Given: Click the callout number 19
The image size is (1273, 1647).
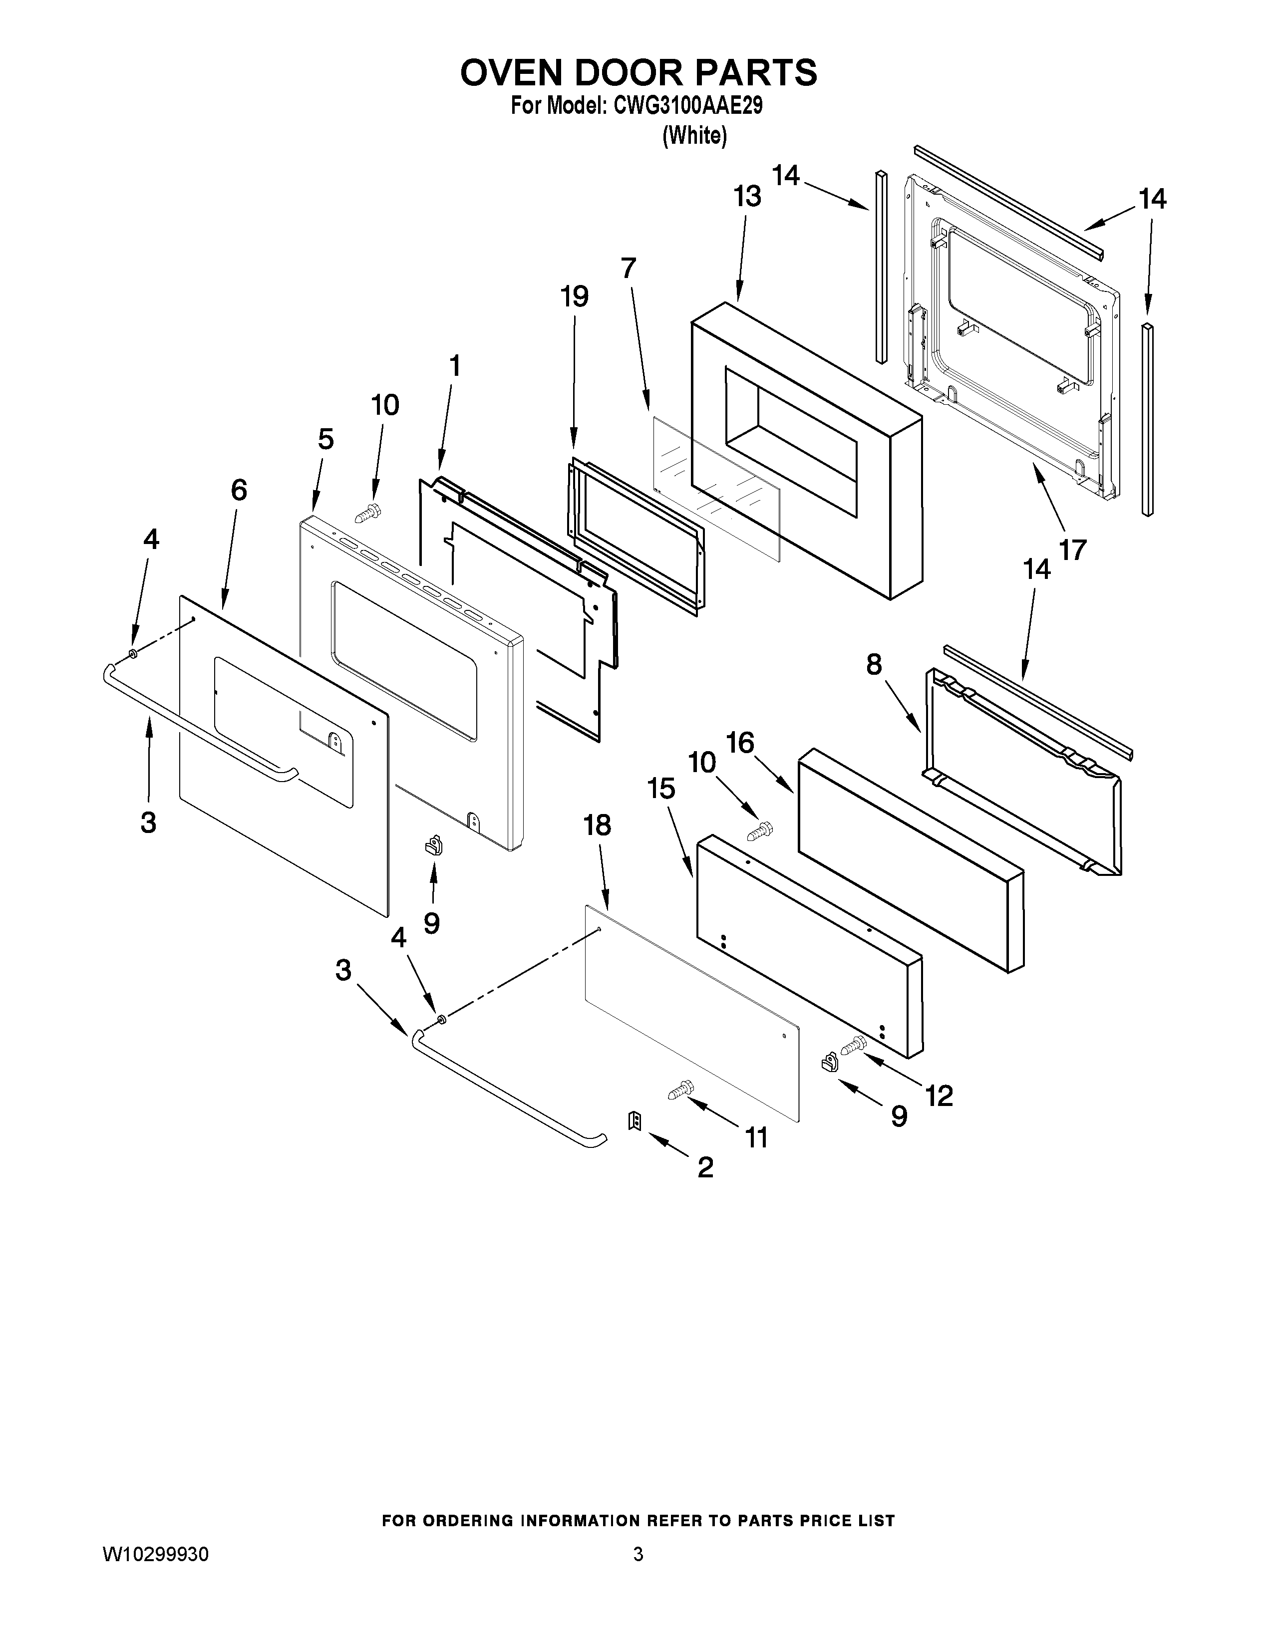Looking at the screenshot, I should [574, 296].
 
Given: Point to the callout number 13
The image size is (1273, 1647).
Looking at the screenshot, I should [747, 197].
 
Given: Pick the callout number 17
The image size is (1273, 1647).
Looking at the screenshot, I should [1072, 550].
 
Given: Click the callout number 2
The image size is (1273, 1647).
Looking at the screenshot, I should [705, 1167].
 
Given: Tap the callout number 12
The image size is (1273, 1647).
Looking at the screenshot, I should [939, 1096].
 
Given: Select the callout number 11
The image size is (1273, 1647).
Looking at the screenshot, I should [756, 1138].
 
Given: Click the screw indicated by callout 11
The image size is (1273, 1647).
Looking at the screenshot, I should [680, 1090].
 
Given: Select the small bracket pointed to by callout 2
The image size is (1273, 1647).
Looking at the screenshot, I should [634, 1122].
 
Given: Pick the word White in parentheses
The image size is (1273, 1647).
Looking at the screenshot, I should [694, 136].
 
